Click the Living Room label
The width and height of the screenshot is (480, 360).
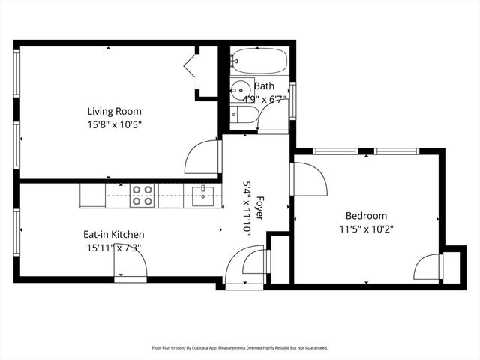(113, 111)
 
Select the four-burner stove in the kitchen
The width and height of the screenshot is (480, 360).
(142, 195)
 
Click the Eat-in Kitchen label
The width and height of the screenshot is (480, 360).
(113, 234)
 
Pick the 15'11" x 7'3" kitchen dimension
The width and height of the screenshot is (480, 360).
(113, 247)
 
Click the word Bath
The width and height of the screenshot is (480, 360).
(264, 85)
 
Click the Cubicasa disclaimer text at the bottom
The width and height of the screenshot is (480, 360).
(240, 348)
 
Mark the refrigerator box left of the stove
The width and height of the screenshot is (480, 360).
(92, 195)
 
